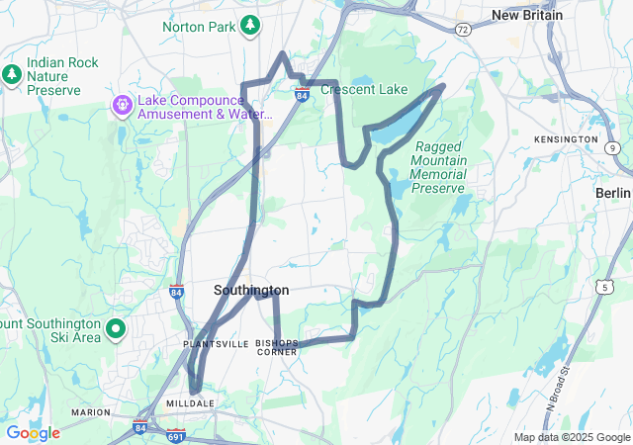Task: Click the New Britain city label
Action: (527, 15)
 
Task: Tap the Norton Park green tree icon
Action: (252, 23)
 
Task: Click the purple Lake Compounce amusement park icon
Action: (122, 102)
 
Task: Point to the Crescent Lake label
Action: (365, 90)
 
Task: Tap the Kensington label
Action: (566, 139)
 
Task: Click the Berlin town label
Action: (613, 192)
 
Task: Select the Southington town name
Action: (251, 290)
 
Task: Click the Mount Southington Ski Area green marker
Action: (116, 329)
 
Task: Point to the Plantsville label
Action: (217, 343)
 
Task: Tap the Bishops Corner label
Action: (276, 347)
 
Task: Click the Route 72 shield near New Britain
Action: (463, 31)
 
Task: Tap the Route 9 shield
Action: (613, 148)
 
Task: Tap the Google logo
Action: (33, 433)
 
